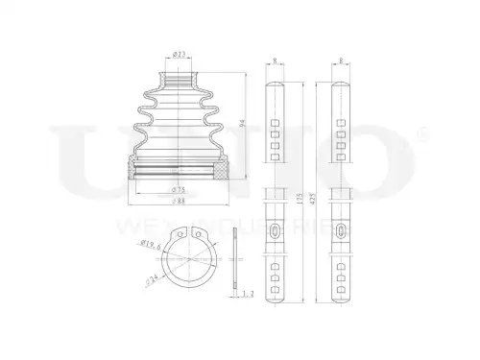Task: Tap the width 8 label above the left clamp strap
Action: pyautogui.click(x=275, y=62)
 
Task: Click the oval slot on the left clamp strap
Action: pyautogui.click(x=275, y=231)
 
